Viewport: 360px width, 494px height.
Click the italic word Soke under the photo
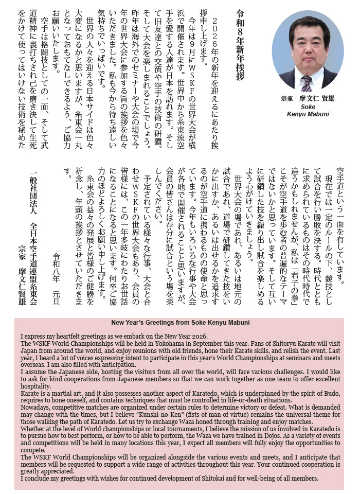[x=308, y=107]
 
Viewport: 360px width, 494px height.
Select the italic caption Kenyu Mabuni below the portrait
[x=308, y=114]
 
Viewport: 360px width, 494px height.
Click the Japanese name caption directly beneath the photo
[x=308, y=98]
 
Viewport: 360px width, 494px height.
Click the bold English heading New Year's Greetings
[x=180, y=323]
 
